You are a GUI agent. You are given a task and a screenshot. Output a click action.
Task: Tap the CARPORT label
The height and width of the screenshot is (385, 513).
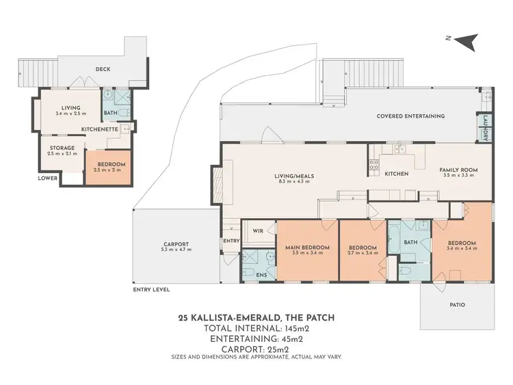coord(176,244)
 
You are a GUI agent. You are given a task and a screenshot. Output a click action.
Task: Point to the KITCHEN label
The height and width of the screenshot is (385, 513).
coord(396,174)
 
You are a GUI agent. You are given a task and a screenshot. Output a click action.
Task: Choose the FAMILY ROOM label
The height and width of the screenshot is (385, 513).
coord(459,170)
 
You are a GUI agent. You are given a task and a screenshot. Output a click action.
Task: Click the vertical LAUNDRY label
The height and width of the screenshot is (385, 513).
coord(485,128)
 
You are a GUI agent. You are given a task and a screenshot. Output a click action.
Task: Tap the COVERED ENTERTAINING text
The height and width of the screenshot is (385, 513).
coord(410,116)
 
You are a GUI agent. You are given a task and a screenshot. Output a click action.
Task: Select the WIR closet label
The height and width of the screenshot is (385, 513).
coord(258,231)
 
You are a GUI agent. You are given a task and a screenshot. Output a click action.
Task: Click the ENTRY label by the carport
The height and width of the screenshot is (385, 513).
coord(230,241)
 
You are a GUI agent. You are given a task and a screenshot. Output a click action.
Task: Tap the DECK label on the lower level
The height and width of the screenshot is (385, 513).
coord(103,69)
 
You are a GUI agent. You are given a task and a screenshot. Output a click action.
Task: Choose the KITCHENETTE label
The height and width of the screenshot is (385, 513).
coord(100,129)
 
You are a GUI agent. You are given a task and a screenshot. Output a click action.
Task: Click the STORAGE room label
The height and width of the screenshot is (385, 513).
coord(62,148)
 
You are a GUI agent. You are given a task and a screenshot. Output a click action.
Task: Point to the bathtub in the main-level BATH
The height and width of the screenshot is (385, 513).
coord(396,244)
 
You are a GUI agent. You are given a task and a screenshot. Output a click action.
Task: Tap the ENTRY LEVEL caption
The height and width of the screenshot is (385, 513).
coord(151,289)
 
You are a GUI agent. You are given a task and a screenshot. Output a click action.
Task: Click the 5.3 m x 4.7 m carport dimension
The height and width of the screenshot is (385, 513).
coord(176,250)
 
